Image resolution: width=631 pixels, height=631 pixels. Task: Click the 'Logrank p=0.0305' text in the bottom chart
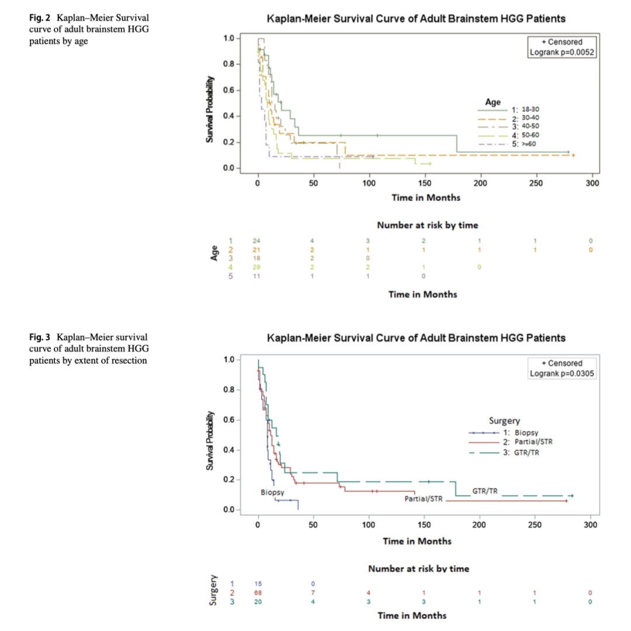[560, 374]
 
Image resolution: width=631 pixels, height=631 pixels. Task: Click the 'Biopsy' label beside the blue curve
[272, 493]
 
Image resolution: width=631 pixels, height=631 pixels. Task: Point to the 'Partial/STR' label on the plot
[424, 499]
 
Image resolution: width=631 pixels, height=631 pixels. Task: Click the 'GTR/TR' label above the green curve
[484, 491]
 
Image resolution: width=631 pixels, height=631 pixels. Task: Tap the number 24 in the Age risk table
[255, 241]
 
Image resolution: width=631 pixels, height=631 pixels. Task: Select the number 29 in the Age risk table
[255, 267]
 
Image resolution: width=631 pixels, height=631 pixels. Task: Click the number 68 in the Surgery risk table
[258, 593]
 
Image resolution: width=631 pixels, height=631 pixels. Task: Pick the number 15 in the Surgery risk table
[258, 584]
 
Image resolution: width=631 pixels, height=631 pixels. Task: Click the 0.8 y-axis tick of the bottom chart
[229, 389]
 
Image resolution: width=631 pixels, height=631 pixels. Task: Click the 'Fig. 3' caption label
[40, 337]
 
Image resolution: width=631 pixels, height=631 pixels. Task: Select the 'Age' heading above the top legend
[493, 102]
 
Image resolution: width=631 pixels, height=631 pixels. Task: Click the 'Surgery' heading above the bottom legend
[504, 420]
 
